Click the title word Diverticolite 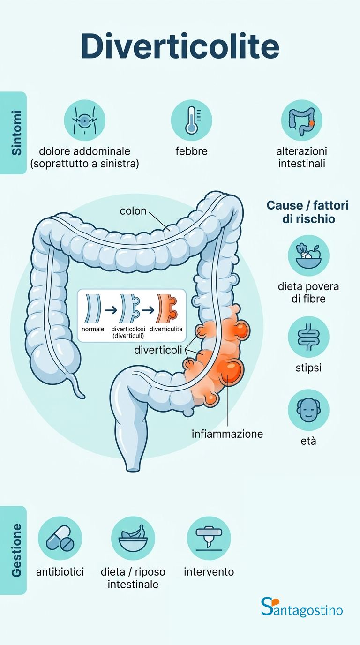pyautogui.click(x=180, y=47)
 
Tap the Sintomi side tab pyautogui.click(x=15, y=133)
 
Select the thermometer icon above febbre pyautogui.click(x=191, y=120)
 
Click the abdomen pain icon pyautogui.click(x=84, y=120)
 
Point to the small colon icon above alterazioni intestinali pyautogui.click(x=301, y=120)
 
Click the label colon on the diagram pyautogui.click(x=133, y=211)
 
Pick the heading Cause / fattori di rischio pyautogui.click(x=307, y=212)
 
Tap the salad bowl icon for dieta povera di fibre pyautogui.click(x=308, y=255)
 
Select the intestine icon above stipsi pyautogui.click(x=308, y=337)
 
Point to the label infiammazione pyautogui.click(x=227, y=434)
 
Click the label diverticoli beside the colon pyautogui.click(x=158, y=350)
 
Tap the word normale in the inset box pyautogui.click(x=93, y=330)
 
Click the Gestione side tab pyautogui.click(x=15, y=550)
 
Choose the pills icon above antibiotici pyautogui.click(x=60, y=538)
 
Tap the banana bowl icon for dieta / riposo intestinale pyautogui.click(x=133, y=538)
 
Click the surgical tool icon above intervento pyautogui.click(x=209, y=538)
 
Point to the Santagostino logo pyautogui.click(x=302, y=607)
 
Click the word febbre pyautogui.click(x=191, y=151)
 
